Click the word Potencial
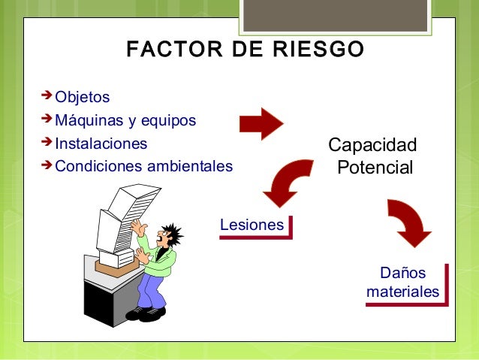(375, 167)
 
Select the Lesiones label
(252, 225)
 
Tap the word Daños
(402, 273)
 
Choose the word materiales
(402, 291)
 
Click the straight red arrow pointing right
(261, 123)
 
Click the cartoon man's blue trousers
(152, 289)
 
